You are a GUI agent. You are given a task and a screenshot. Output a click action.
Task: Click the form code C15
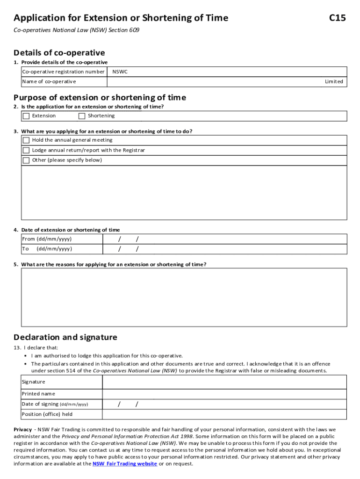[337, 18]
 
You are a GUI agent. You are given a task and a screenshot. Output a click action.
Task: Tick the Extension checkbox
[26, 116]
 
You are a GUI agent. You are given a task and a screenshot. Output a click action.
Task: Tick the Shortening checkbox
[82, 116]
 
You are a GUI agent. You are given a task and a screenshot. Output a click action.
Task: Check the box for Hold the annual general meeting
[26, 140]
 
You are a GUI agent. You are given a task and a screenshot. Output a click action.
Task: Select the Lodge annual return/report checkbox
[26, 151]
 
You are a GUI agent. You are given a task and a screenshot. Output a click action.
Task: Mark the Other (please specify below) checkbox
[26, 160]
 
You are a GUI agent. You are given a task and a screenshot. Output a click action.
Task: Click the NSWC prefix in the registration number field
[120, 72]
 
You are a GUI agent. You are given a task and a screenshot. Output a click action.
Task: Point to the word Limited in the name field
[334, 82]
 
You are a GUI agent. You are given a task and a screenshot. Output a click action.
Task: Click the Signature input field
[224, 382]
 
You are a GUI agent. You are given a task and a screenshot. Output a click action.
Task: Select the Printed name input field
[224, 394]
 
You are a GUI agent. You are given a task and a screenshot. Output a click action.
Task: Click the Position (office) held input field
[224, 414]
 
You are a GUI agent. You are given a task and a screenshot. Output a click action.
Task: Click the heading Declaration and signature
[65, 337]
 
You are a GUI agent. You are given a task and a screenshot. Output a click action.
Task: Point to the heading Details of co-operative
[59, 53]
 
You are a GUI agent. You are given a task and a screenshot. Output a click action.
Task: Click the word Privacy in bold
[23, 429]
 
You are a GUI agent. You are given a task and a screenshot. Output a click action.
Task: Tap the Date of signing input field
[224, 404]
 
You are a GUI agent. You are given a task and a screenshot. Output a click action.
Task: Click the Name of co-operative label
[49, 82]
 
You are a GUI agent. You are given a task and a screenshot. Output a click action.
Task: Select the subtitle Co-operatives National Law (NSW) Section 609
[77, 30]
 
